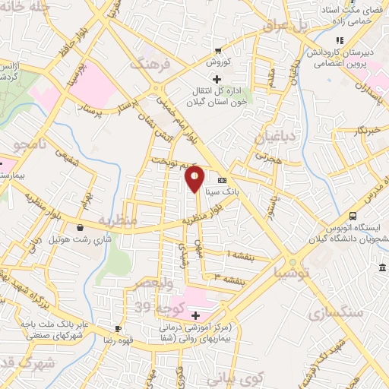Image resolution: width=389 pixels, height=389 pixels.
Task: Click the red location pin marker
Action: [194, 179]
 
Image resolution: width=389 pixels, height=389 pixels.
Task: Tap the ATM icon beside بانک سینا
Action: [222, 181]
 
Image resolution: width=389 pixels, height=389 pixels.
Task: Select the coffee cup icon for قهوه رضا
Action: [118, 329]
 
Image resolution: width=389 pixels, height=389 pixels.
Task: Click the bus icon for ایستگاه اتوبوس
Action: [352, 216]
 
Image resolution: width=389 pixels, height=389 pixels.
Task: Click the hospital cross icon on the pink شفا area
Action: [196, 315]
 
